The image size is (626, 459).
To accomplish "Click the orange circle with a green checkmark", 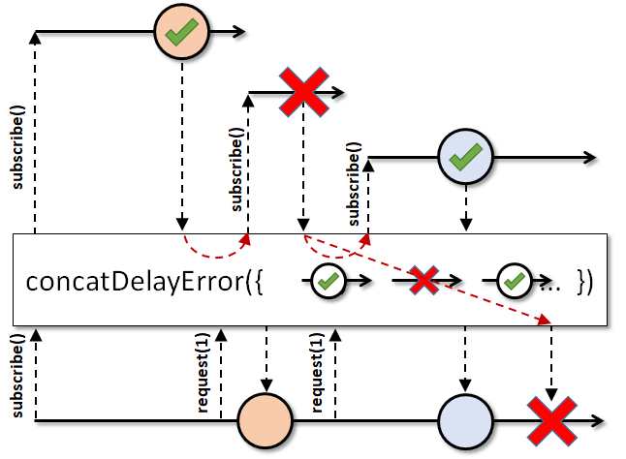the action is click(182, 31).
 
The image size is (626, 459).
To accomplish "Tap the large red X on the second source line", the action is click(304, 92).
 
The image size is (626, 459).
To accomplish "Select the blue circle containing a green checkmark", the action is click(465, 157).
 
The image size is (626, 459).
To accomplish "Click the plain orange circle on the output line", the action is click(266, 420).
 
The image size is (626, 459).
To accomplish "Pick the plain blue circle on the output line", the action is click(465, 421).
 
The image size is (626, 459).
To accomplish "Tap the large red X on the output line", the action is click(551, 421).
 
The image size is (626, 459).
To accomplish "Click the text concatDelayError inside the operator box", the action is click(135, 282).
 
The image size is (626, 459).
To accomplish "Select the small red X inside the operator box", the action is click(424, 281).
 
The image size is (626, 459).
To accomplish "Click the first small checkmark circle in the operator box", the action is click(329, 281).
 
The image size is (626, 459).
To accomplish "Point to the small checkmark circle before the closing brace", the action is click(515, 281).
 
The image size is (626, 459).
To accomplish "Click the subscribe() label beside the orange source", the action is click(18, 147).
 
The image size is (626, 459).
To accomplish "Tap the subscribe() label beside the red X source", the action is click(236, 169).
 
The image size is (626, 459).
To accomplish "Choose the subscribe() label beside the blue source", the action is click(354, 184).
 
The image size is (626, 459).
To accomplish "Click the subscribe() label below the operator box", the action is click(18, 376).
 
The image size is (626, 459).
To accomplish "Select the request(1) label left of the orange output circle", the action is click(203, 374).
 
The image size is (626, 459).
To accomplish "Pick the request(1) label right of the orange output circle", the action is click(316, 373).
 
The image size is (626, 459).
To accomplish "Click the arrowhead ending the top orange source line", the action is click(238, 32).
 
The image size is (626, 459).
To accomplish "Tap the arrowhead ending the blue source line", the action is click(589, 157).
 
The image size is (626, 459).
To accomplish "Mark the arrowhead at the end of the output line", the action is click(597, 421).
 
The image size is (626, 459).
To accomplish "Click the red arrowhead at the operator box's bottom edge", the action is click(545, 319).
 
